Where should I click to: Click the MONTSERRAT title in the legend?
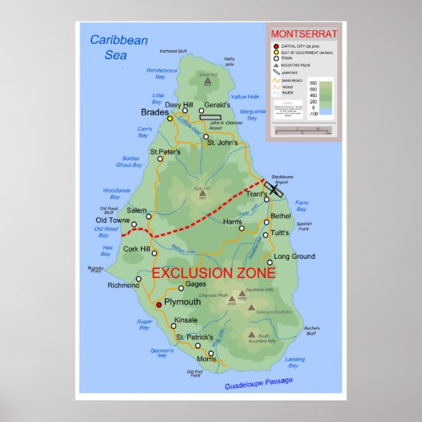pos(304,34)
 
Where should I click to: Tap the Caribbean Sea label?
pos(119,47)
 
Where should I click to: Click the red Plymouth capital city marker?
pos(158,304)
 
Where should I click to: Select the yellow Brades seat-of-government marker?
pos(170,119)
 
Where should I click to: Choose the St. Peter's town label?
pos(166,151)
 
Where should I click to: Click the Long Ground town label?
pos(295,256)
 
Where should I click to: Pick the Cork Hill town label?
pos(137,249)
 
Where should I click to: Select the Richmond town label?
pos(123,285)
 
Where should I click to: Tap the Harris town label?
pos(232,221)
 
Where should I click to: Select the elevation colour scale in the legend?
pos(313,98)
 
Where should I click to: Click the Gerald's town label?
pos(217,105)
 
